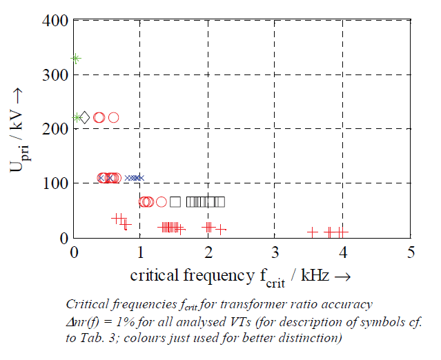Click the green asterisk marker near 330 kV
click(x=75, y=59)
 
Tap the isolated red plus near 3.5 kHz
click(x=313, y=232)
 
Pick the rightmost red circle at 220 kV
click(x=114, y=118)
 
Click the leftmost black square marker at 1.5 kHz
click(x=175, y=202)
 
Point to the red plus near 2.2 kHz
click(x=221, y=228)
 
